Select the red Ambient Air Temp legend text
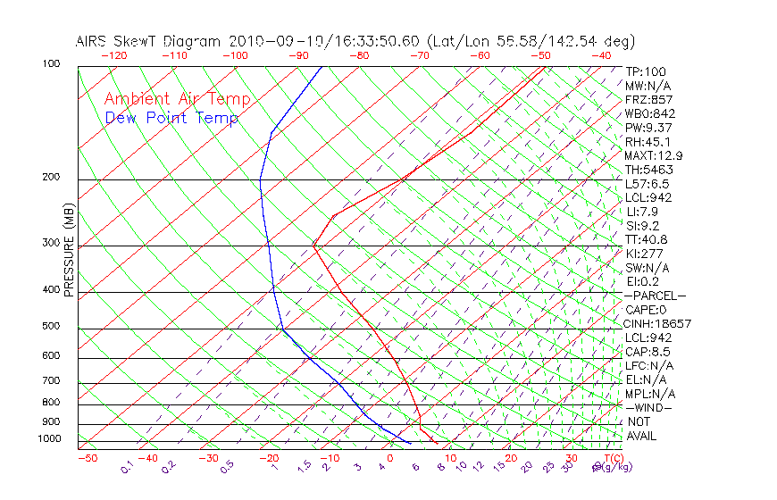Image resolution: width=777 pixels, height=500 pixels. tap(177, 99)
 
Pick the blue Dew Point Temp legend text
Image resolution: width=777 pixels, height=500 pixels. tap(171, 118)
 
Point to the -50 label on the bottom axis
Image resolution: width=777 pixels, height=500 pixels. tap(87, 459)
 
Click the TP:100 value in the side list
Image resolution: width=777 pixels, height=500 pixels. tap(645, 71)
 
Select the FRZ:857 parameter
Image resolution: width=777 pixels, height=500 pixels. tap(647, 100)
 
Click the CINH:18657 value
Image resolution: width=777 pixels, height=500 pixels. tap(657, 323)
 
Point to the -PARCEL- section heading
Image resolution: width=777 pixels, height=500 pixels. tap(655, 296)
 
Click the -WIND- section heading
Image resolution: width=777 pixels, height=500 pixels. tap(648, 407)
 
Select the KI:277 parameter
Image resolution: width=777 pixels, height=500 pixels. tap(644, 254)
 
